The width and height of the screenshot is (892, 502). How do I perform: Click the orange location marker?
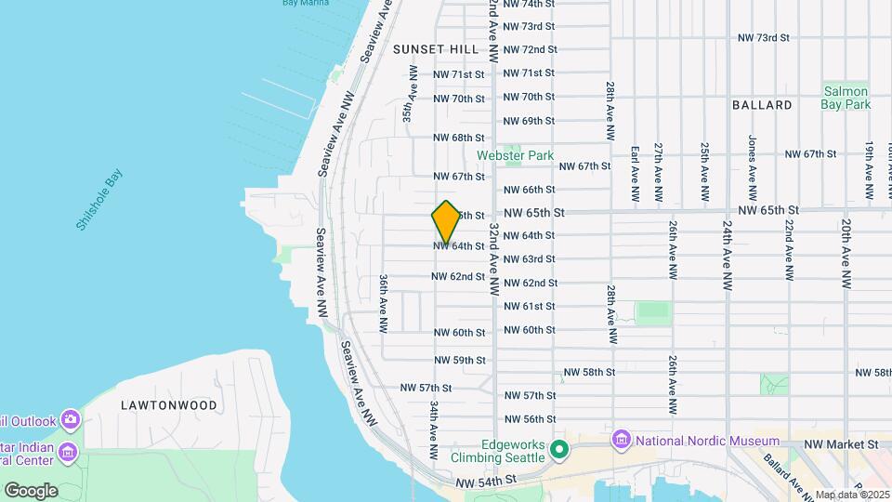(x=446, y=222)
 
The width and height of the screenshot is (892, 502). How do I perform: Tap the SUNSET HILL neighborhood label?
(x=436, y=48)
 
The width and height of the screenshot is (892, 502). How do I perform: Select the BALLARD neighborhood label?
(x=762, y=105)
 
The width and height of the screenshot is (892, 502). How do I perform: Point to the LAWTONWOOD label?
(x=169, y=405)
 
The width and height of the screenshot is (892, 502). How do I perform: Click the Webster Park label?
(x=516, y=155)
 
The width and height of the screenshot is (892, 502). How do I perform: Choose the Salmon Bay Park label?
(x=845, y=98)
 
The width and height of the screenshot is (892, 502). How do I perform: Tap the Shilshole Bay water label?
(x=99, y=200)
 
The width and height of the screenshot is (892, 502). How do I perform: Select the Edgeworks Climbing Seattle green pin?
(x=558, y=450)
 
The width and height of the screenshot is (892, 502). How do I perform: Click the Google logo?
(x=31, y=491)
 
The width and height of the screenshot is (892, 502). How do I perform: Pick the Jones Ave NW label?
(x=752, y=160)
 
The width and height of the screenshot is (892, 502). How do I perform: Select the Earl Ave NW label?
(x=636, y=173)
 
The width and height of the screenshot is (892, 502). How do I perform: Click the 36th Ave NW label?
(x=383, y=303)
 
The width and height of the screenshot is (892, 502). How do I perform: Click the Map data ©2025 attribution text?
(x=853, y=495)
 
